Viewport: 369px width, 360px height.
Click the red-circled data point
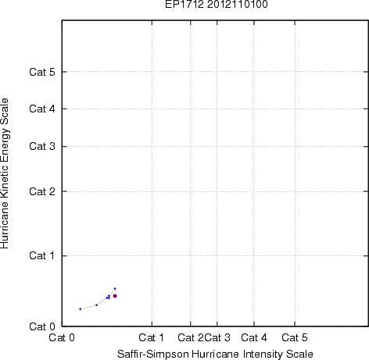point(115,296)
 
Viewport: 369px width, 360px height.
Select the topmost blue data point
point(115,288)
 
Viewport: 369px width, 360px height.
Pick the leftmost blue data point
point(81,309)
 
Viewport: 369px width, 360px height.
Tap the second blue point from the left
point(96,305)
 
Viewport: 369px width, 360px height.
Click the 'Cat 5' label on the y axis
point(42,72)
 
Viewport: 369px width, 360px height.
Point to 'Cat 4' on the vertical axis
point(42,109)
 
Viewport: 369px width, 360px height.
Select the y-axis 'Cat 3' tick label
point(42,146)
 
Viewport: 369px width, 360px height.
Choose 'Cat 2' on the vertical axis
point(42,191)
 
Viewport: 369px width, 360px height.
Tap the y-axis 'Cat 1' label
point(42,255)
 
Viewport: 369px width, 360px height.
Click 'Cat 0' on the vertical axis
point(42,326)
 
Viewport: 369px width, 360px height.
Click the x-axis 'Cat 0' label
point(62,337)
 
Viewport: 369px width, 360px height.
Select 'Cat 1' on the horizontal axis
point(152,337)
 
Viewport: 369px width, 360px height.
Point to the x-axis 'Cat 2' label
point(191,337)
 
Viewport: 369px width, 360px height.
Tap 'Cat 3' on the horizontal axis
point(217,337)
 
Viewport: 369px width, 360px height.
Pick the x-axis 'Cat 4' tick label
point(254,337)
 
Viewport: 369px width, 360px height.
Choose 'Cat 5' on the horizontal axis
point(295,337)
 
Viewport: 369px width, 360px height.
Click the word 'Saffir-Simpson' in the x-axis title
point(153,355)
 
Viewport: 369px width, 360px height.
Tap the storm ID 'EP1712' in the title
point(184,4)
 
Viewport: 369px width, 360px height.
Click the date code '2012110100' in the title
point(238,4)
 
